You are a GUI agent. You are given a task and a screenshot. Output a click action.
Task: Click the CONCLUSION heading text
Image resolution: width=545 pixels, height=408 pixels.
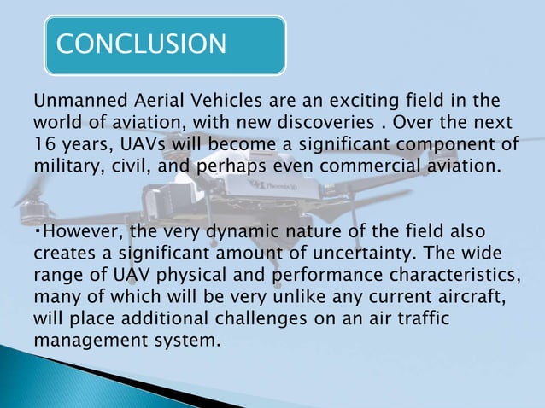click(141, 43)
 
